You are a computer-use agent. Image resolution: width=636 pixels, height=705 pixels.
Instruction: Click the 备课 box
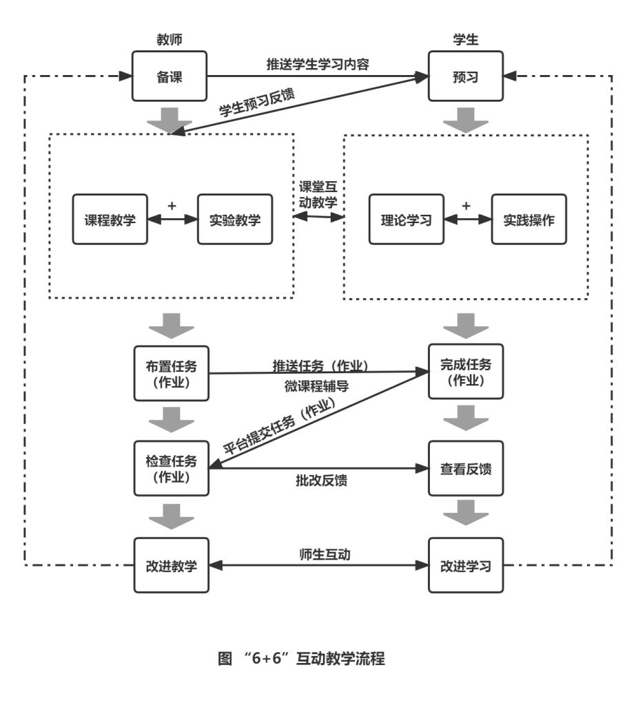pyautogui.click(x=170, y=76)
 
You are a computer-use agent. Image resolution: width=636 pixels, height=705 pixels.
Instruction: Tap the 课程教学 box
pyautogui.click(x=110, y=220)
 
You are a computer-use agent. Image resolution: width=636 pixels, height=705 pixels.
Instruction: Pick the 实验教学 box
pyautogui.click(x=235, y=220)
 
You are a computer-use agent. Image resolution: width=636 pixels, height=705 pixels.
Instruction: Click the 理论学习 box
pyautogui.click(x=406, y=220)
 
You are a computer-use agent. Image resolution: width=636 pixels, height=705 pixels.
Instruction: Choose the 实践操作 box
pyautogui.click(x=529, y=220)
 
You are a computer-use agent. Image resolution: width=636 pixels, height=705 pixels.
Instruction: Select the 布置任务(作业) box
pyautogui.click(x=170, y=372)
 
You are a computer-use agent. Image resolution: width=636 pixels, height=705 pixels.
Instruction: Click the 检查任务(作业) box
pyautogui.click(x=170, y=468)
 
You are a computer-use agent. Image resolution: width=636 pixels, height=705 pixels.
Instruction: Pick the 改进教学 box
pyautogui.click(x=170, y=566)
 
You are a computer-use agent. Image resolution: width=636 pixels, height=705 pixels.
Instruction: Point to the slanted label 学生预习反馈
pyautogui.click(x=256, y=102)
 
